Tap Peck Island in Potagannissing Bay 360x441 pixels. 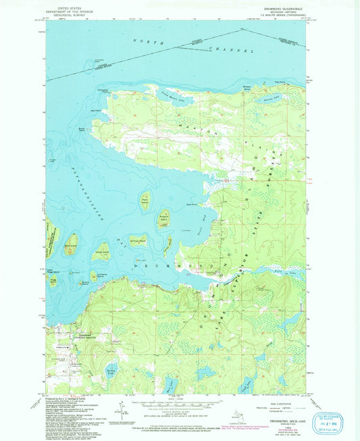tap(145, 201)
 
